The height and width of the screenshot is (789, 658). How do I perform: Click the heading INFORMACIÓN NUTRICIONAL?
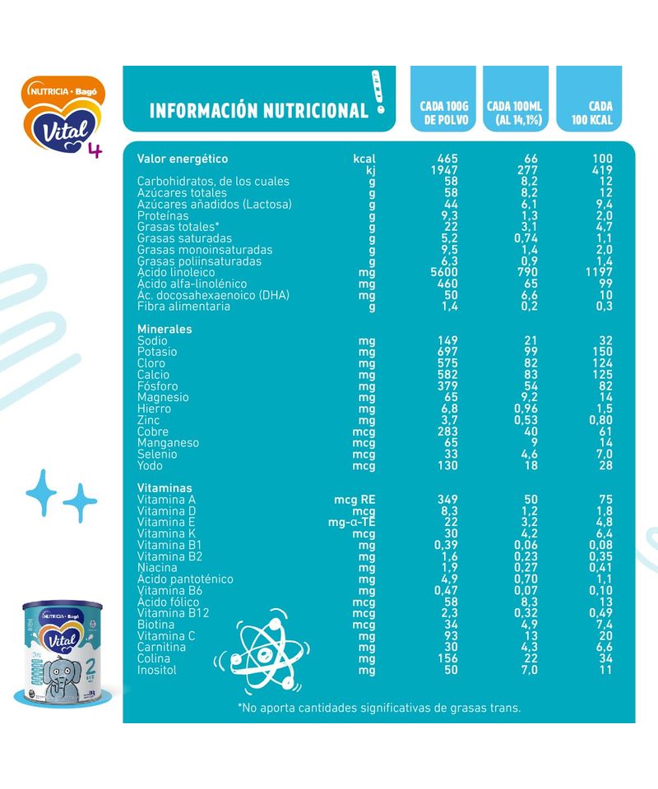click(x=258, y=110)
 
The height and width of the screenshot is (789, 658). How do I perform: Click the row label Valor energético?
click(x=183, y=159)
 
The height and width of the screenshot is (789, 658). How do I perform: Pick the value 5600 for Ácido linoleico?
click(x=443, y=272)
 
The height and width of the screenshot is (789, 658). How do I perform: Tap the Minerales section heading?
click(x=164, y=329)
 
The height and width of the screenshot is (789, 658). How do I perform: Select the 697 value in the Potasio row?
click(x=445, y=352)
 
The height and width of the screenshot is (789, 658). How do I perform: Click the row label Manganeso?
click(x=169, y=443)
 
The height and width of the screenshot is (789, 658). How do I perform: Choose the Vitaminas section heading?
click(x=164, y=488)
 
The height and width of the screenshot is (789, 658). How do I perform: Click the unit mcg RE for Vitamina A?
click(x=354, y=500)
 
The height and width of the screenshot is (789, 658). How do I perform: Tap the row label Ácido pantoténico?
click(x=185, y=579)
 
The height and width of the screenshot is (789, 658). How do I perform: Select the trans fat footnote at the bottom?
click(x=379, y=707)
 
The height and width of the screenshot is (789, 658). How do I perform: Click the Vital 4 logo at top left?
click(x=65, y=115)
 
